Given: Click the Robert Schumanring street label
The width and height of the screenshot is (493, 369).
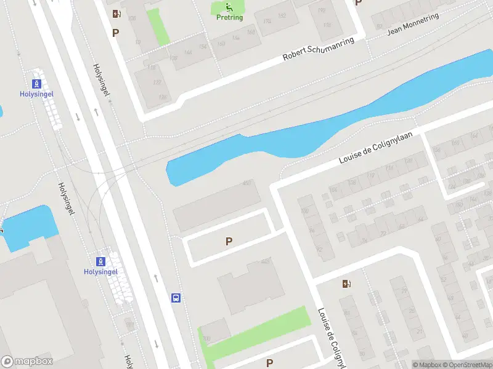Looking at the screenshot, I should [x=319, y=49].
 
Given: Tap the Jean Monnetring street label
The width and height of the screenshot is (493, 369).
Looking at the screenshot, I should [x=412, y=24].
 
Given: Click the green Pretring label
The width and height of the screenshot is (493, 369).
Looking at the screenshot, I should [x=229, y=17].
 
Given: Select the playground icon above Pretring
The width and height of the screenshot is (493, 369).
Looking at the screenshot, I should [x=229, y=7].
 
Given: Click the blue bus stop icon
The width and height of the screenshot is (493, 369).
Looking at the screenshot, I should [x=176, y=298].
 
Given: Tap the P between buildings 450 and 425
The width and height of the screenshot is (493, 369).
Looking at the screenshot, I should [x=229, y=242].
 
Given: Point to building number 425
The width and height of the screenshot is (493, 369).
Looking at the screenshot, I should [x=266, y=262].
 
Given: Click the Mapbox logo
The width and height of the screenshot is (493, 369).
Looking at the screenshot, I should [x=27, y=362].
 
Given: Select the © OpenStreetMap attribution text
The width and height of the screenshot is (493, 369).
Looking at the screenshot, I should [x=467, y=365].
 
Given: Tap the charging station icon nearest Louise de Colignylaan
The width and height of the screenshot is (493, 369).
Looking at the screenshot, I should [x=347, y=284].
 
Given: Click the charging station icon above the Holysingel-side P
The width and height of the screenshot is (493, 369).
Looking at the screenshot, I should [x=115, y=14].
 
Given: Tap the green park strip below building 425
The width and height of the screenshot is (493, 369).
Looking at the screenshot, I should [x=259, y=332].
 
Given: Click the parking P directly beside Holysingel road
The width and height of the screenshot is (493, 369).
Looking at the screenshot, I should [x=115, y=33].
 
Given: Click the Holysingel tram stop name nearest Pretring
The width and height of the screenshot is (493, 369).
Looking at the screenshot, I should [x=36, y=94].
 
